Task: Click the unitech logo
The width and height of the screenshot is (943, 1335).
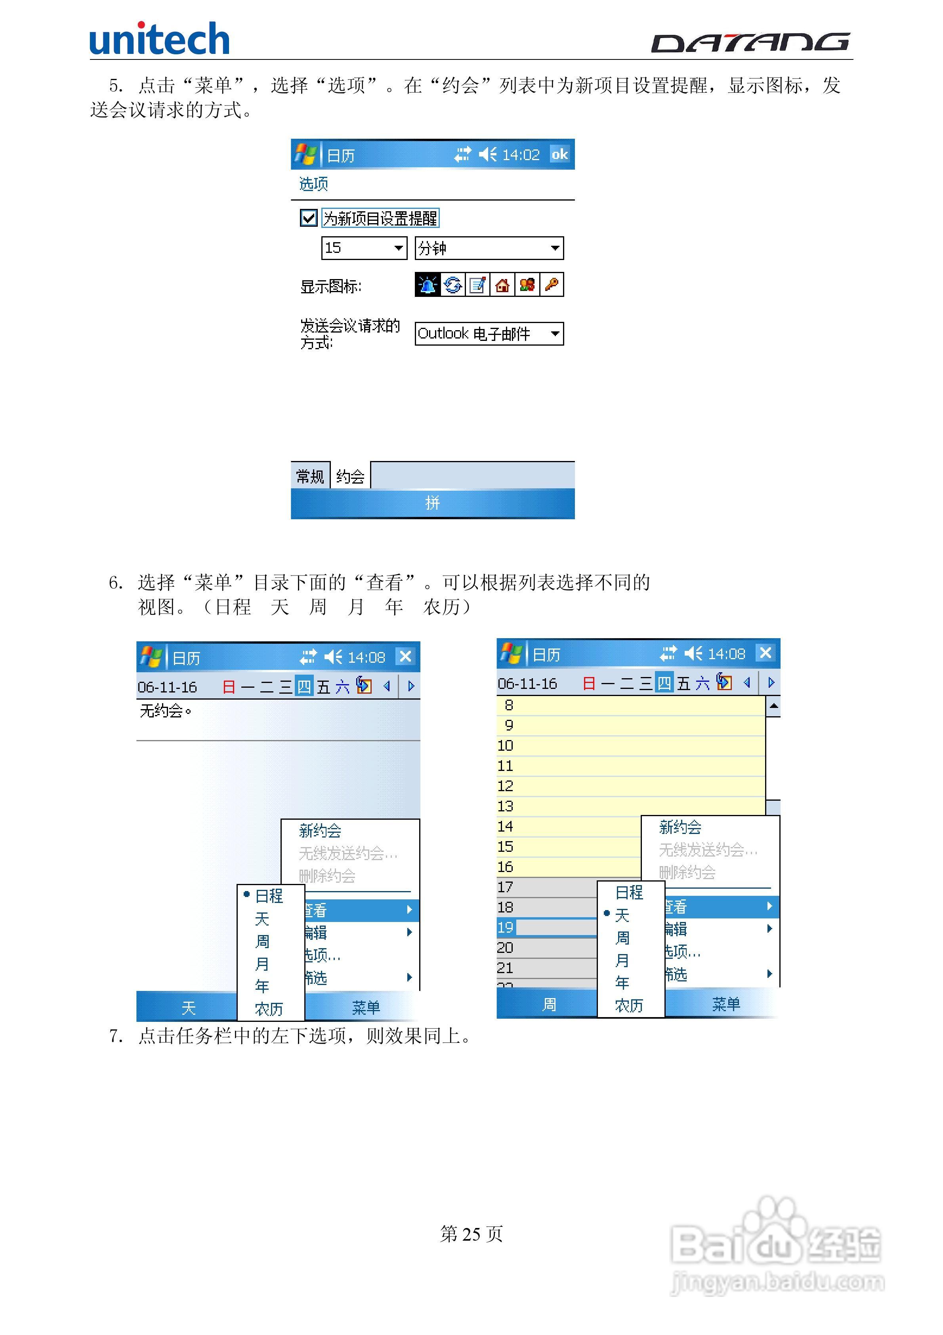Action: (x=159, y=39)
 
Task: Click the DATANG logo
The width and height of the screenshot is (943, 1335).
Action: (x=750, y=42)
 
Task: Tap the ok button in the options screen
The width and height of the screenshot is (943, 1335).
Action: (x=559, y=155)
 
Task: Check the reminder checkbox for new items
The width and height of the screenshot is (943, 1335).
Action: (x=308, y=218)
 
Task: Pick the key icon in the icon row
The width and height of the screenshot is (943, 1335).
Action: (x=552, y=285)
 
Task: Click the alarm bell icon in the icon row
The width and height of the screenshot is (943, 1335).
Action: (x=428, y=285)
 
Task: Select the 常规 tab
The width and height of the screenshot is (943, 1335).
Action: (x=310, y=477)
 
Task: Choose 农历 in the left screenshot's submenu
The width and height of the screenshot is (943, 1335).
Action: (x=269, y=1009)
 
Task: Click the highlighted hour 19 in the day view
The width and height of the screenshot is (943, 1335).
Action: (x=505, y=928)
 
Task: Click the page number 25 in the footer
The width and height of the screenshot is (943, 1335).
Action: (x=471, y=1234)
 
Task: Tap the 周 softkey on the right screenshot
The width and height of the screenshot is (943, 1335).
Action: (x=549, y=1004)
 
